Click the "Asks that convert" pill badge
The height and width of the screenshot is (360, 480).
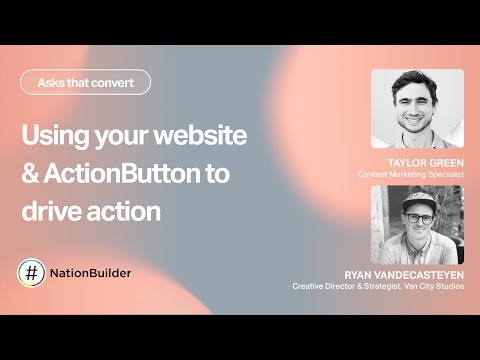86,82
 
